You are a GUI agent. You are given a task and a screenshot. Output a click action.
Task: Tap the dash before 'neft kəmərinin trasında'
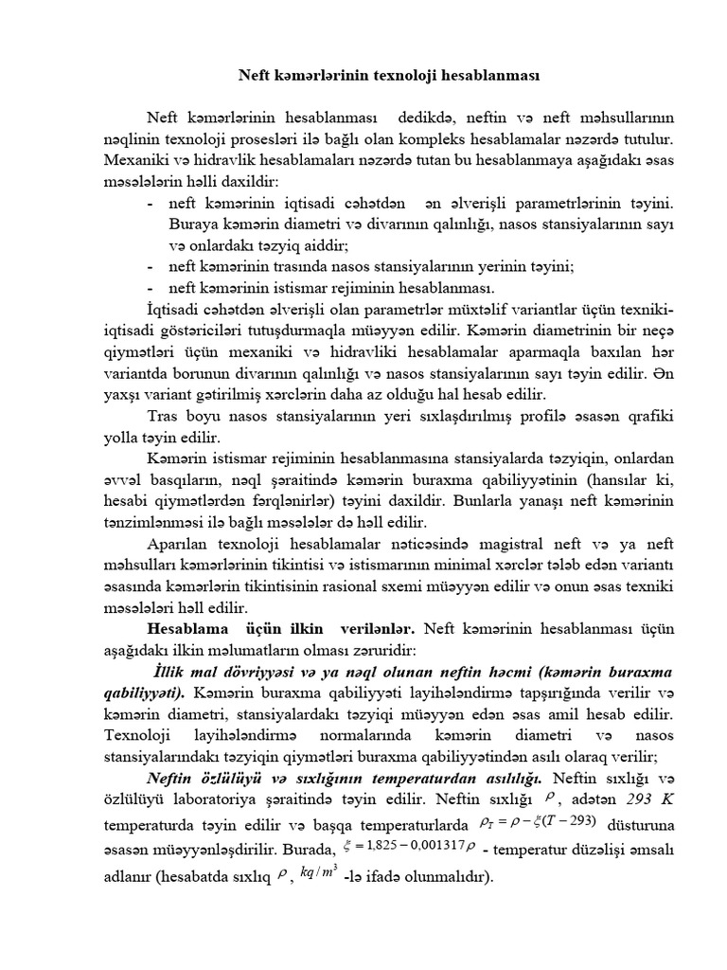click(152, 267)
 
